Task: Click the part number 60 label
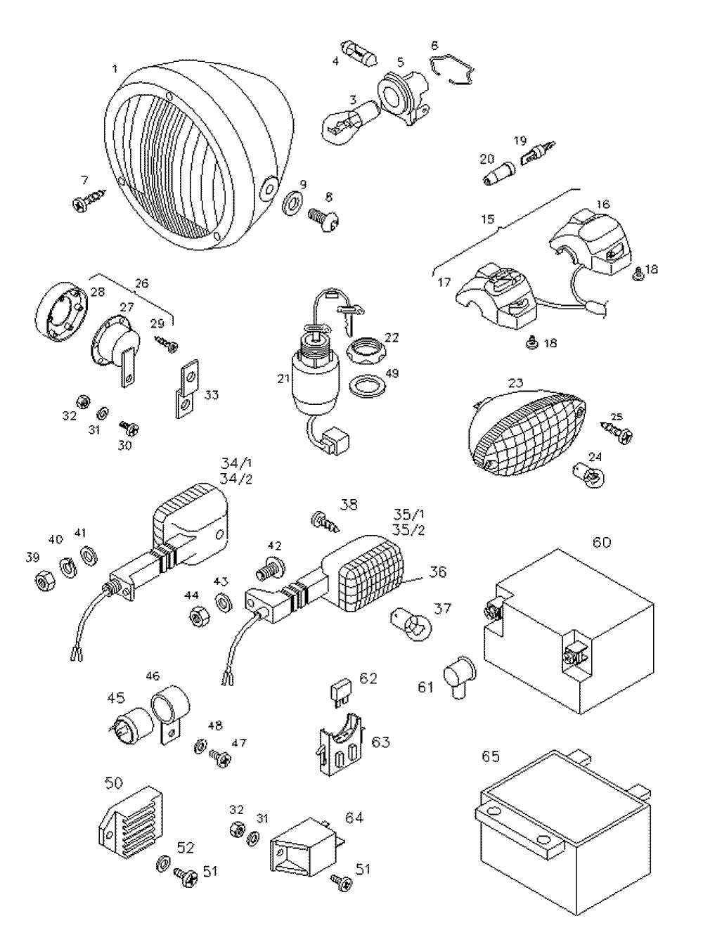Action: point(601,543)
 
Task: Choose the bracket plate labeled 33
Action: point(187,389)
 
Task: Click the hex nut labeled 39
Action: point(45,581)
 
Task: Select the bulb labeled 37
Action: point(411,626)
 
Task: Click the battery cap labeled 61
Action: point(459,679)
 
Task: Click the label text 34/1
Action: point(236,463)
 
